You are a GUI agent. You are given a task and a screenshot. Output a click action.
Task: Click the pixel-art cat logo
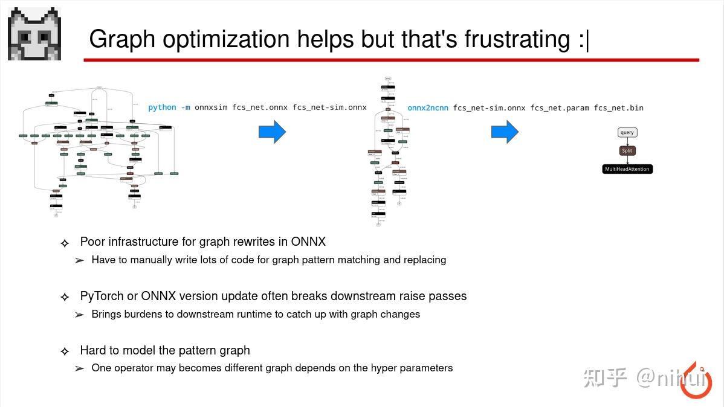(x=34, y=34)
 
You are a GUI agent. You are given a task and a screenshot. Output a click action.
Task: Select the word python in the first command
(x=162, y=107)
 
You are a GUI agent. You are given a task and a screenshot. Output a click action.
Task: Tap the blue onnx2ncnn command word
(x=428, y=108)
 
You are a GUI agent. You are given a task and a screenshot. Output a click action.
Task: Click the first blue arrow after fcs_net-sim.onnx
(x=272, y=132)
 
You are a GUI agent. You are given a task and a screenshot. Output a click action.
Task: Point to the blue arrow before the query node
(x=505, y=132)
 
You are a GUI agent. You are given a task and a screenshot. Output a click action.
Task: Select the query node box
(x=627, y=132)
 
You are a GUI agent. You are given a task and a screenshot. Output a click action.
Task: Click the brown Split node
(x=627, y=150)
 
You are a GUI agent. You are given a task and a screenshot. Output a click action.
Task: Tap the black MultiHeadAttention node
(x=627, y=169)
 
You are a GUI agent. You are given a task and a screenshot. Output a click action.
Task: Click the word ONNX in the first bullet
(x=308, y=242)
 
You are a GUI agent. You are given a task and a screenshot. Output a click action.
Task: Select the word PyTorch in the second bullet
(x=101, y=296)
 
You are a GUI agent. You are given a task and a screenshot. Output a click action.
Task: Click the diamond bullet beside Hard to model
(x=65, y=351)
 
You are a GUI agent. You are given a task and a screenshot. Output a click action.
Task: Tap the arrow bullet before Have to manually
(x=79, y=261)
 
